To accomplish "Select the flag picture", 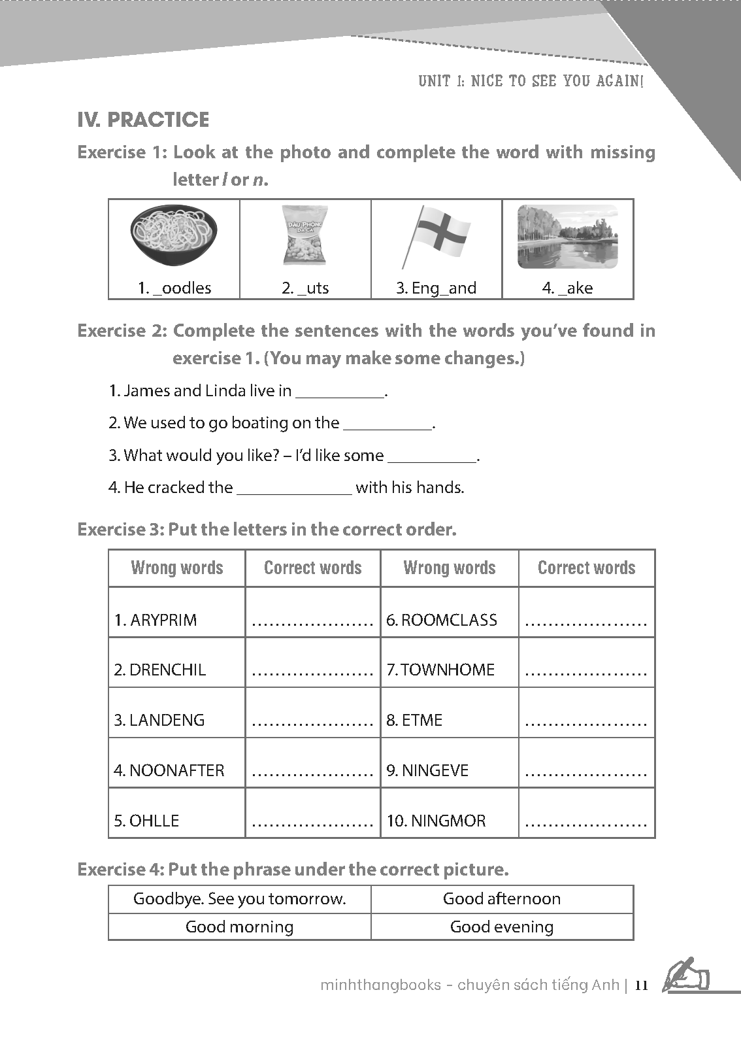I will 436,235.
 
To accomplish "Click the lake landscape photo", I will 567,236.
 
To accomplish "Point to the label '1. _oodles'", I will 174,288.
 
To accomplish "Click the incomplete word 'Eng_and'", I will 436,288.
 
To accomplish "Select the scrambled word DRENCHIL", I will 159,670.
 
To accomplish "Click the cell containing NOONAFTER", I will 169,770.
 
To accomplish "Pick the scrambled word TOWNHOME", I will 440,670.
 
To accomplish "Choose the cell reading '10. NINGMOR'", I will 436,821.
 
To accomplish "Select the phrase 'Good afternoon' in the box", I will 502,898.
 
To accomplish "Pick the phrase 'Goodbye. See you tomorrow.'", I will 240,898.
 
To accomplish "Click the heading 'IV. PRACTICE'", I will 143,120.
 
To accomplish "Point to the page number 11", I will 641,985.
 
